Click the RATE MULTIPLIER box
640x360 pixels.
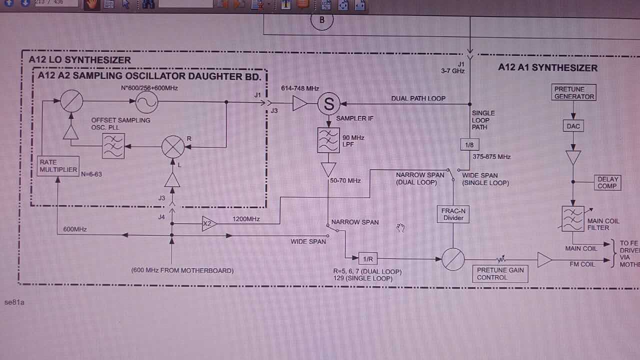pos(57,166)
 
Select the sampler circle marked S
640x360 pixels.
pos(329,103)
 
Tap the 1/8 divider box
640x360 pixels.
pos(469,145)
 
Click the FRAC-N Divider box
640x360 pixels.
pos(453,214)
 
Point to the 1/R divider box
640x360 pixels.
pos(368,259)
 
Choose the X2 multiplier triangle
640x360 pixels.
pos(208,224)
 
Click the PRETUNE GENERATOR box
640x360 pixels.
pos(574,93)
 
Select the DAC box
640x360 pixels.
pos(573,126)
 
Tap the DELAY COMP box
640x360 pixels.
pos(608,182)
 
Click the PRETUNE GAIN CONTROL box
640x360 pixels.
pos(500,273)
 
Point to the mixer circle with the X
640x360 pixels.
pos(173,146)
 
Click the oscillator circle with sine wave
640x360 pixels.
pos(147,102)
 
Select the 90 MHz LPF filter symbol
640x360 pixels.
pos(328,140)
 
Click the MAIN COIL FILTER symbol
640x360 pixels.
pos(573,219)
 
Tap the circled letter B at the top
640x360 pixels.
pos(321,20)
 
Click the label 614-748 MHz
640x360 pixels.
pos(300,88)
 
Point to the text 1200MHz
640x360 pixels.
pos(246,219)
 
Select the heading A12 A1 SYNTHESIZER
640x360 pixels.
pos(547,67)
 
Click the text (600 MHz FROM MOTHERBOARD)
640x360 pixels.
pos(182,270)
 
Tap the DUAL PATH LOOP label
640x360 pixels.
pos(418,98)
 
